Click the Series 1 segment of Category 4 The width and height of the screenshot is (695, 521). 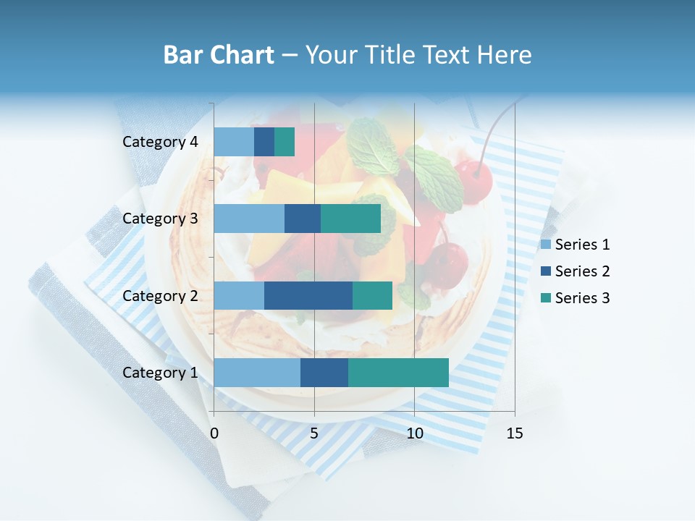pyautogui.click(x=234, y=142)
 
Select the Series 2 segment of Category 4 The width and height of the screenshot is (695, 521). pyautogui.click(x=264, y=142)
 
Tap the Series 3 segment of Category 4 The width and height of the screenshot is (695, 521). pyautogui.click(x=285, y=142)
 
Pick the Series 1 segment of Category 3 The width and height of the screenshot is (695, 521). pyautogui.click(x=249, y=219)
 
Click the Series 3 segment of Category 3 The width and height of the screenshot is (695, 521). pyautogui.click(x=350, y=219)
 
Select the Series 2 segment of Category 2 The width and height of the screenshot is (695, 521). pyautogui.click(x=308, y=295)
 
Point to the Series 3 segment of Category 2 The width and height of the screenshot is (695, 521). pyautogui.click(x=372, y=295)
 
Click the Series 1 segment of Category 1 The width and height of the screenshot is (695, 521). pyautogui.click(x=257, y=373)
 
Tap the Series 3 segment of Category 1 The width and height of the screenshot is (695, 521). pyautogui.click(x=398, y=373)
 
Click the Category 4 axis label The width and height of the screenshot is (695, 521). pyautogui.click(x=160, y=142)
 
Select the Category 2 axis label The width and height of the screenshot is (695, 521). pyautogui.click(x=160, y=295)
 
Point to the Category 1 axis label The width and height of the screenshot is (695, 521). pyautogui.click(x=160, y=373)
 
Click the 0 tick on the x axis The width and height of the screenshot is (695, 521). pyautogui.click(x=214, y=433)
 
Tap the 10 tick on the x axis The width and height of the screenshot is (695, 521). pyautogui.click(x=414, y=433)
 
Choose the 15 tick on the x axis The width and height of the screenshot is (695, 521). pyautogui.click(x=514, y=433)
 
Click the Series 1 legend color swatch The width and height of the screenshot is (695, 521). pyautogui.click(x=546, y=245)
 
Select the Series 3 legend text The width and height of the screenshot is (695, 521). pyautogui.click(x=582, y=298)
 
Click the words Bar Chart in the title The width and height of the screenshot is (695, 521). pyautogui.click(x=219, y=55)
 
